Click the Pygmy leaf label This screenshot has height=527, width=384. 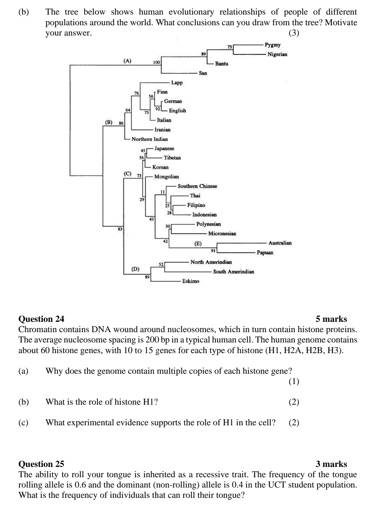point(273,45)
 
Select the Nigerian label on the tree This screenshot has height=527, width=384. point(277,54)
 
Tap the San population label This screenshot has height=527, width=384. point(203,73)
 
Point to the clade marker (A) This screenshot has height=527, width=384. point(127,61)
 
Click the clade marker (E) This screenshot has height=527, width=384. point(198,244)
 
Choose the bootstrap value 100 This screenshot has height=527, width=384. point(156,62)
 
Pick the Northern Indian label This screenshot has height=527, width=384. point(149,139)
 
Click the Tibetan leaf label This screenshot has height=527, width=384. point(172,158)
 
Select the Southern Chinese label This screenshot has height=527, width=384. point(197,186)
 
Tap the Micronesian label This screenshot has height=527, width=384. point(222,234)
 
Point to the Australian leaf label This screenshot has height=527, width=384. point(280,243)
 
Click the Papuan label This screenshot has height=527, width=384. point(265,253)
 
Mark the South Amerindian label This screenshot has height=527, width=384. point(233,272)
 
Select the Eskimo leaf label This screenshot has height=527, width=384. point(191,281)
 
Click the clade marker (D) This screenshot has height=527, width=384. point(135,269)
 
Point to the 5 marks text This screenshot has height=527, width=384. point(331,319)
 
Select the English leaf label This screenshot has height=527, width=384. point(177,111)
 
